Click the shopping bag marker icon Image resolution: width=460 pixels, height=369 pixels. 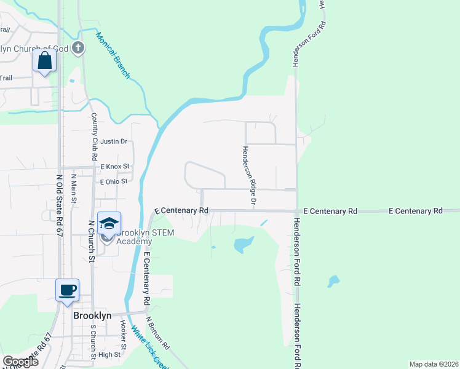click(x=45, y=60)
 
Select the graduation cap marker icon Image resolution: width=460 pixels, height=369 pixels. click(x=109, y=223)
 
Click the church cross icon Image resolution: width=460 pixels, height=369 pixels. click(x=78, y=47)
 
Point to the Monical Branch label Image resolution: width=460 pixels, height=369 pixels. click(x=113, y=55)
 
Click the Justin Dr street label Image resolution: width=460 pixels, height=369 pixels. click(x=114, y=141)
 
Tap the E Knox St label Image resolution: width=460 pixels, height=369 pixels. click(x=116, y=167)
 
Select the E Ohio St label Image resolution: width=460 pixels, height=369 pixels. click(x=114, y=181)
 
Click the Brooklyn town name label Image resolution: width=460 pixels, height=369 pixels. click(x=92, y=315)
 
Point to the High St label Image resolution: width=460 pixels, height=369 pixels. click(x=109, y=355)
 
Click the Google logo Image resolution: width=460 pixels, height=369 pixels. click(x=21, y=362)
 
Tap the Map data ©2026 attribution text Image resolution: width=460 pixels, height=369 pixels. click(x=433, y=364)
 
